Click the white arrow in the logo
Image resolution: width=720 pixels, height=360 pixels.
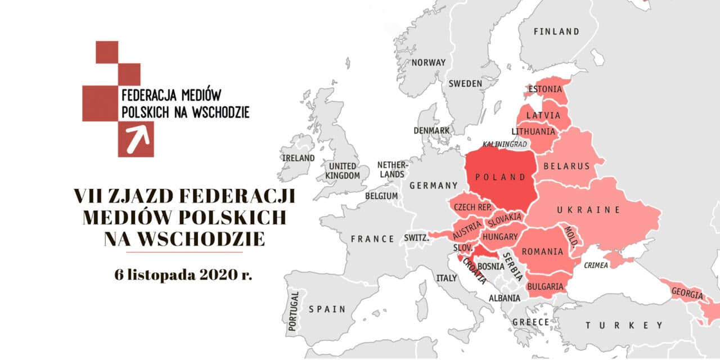[x=136, y=140]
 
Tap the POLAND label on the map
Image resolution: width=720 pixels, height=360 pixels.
[x=500, y=177]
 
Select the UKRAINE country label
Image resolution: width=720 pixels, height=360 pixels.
[x=588, y=210]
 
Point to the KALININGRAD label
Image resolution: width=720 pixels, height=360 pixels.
[x=504, y=145]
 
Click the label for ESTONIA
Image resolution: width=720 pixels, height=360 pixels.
[x=545, y=89]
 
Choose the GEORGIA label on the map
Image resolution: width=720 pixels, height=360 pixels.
[x=686, y=293]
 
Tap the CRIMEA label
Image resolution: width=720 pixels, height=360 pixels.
[x=596, y=265]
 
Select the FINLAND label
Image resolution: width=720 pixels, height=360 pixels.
[x=556, y=31]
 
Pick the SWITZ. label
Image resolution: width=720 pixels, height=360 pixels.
[x=416, y=238]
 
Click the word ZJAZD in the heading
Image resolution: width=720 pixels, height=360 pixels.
[x=135, y=196]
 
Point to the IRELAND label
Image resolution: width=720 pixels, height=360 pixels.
[x=298, y=158]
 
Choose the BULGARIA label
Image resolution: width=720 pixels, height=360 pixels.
[x=545, y=286]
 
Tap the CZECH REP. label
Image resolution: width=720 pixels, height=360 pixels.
[x=472, y=207]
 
